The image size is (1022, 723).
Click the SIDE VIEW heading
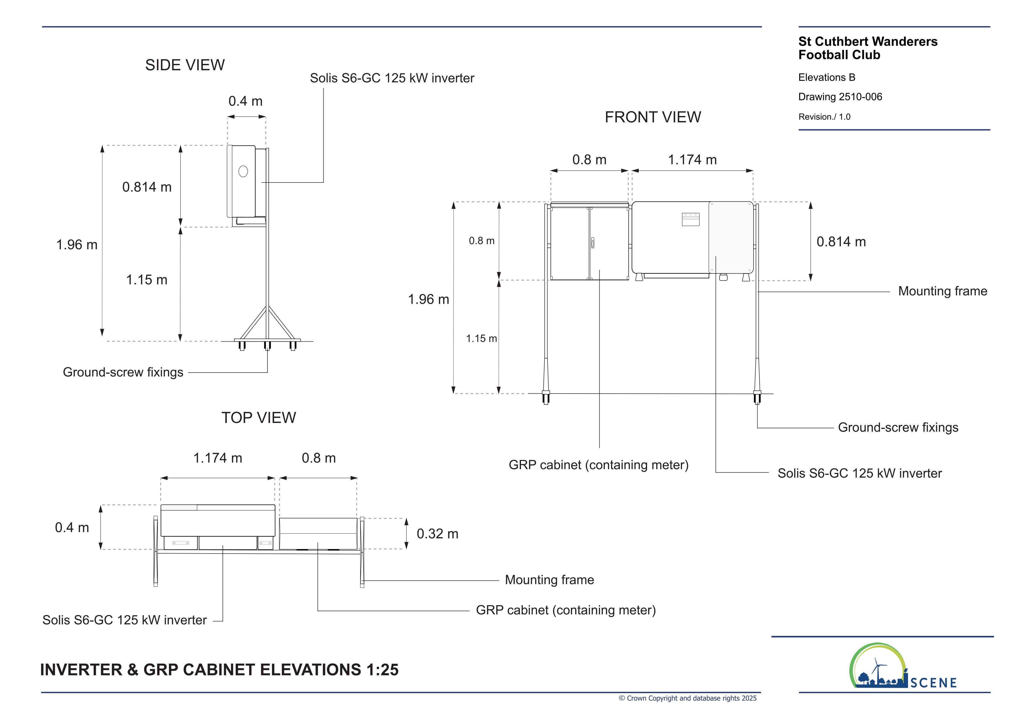click(x=185, y=65)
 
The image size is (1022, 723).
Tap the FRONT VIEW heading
click(x=652, y=117)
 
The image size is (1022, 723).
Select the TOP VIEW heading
click(x=258, y=418)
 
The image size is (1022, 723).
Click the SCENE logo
click(x=903, y=666)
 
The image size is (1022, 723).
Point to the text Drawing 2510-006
click(x=840, y=97)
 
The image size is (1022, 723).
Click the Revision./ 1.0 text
click(x=824, y=117)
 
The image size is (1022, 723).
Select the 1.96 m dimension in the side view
click(x=77, y=244)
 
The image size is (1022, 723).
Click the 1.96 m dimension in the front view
click(x=428, y=299)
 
